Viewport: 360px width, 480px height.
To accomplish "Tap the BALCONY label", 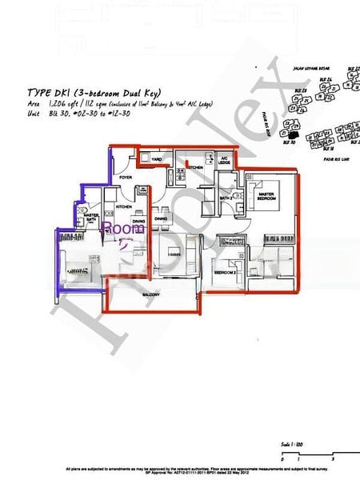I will (x=151, y=295).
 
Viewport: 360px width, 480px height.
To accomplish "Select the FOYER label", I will (x=126, y=177).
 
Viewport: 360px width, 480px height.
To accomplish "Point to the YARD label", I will (x=157, y=160).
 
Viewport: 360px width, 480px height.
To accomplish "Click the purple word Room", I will (x=124, y=229).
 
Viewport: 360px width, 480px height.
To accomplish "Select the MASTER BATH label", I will (x=92, y=217).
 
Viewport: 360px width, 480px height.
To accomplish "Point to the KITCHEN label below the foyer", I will (x=123, y=206).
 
